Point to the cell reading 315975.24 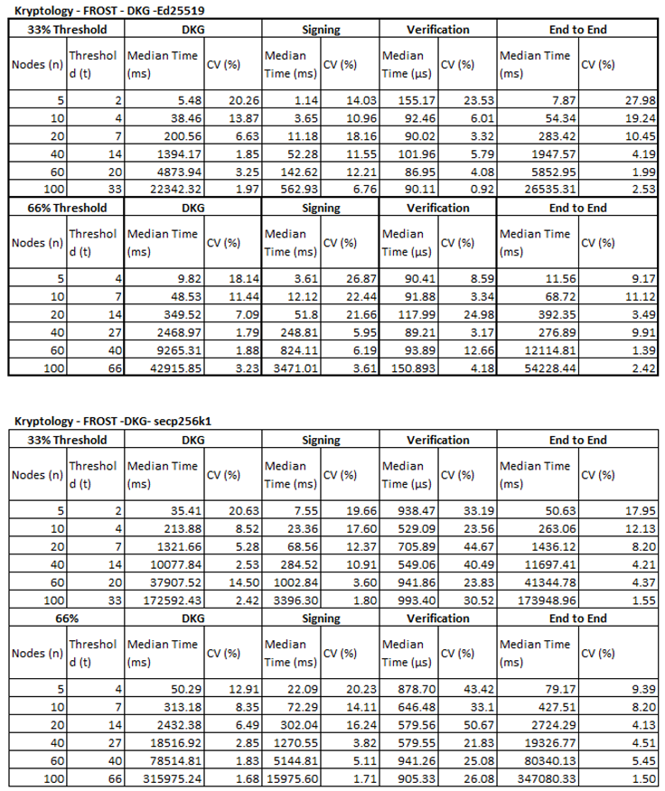(x=176, y=778)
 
